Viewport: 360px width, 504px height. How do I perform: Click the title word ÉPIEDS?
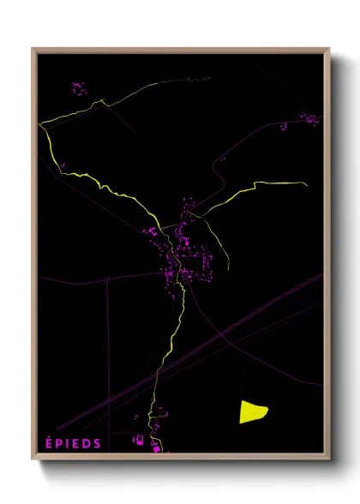coord(73,443)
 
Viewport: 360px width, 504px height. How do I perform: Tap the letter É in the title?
coord(47,443)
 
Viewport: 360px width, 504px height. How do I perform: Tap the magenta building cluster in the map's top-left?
coord(80,89)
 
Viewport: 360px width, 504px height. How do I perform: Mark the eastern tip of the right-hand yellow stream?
coord(306,183)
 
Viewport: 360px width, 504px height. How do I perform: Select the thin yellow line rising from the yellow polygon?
coord(248,377)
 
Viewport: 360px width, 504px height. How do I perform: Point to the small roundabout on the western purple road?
coord(105,279)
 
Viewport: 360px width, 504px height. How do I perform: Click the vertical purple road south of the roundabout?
coord(106,343)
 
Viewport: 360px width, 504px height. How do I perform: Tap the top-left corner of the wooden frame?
coord(33,48)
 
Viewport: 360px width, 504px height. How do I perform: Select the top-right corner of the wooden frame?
coord(330,48)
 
